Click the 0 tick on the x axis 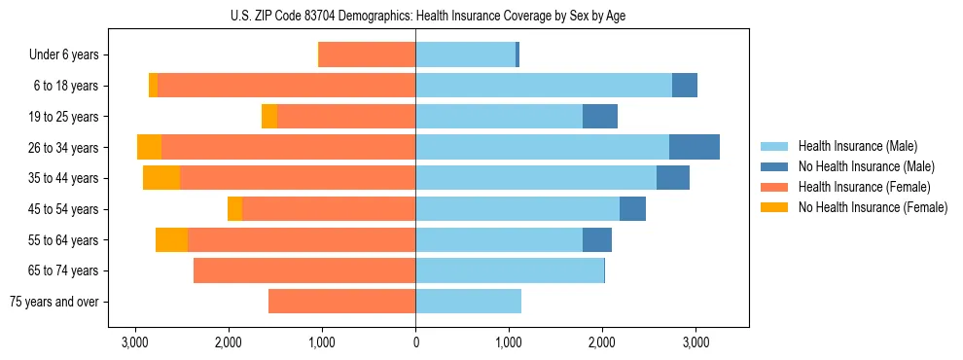tap(415, 343)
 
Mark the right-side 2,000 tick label tap(602, 343)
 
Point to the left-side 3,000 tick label tap(135, 343)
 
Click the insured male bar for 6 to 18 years tap(543, 86)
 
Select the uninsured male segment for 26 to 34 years tap(695, 147)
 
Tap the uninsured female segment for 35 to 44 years tap(161, 178)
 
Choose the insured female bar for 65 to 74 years tap(304, 270)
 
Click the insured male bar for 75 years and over tap(468, 302)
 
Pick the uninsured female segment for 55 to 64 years tap(171, 239)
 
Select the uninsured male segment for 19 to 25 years tap(600, 117)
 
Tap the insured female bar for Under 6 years tap(368, 54)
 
